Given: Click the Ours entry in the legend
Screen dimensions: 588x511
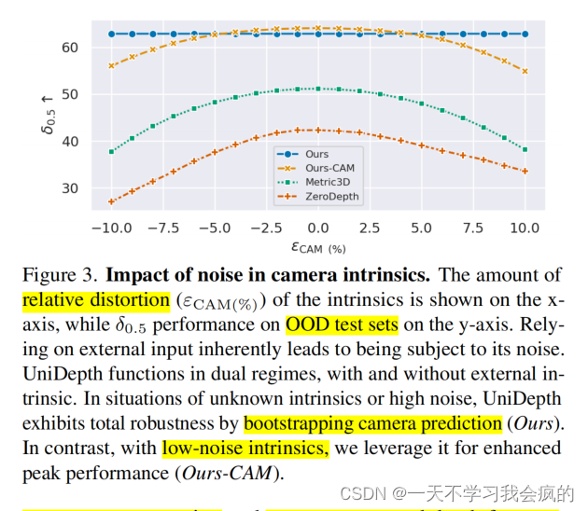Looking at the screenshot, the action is (316, 155).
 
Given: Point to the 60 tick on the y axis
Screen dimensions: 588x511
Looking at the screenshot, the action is (70, 48).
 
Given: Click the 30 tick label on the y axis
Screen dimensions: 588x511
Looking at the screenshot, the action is (70, 188).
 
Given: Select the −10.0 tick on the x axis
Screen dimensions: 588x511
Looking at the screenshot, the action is (112, 228).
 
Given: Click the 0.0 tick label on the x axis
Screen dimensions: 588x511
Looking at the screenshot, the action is (318, 228).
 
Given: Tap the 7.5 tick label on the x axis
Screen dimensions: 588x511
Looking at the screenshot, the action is (473, 228).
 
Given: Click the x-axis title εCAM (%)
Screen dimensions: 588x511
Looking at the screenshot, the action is (318, 248).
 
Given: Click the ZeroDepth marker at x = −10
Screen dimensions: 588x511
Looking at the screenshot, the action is (111, 201).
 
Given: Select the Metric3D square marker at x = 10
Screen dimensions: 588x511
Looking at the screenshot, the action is (525, 149).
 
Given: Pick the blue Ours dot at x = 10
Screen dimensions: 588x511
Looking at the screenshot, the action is (525, 35).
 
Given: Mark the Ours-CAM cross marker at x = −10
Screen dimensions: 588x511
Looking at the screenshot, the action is (111, 66).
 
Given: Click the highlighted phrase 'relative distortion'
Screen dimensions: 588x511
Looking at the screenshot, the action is (96, 300).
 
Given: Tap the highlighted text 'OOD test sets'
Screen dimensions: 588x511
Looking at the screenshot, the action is (342, 325).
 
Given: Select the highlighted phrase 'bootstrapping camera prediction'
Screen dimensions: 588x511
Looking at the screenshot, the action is (372, 424).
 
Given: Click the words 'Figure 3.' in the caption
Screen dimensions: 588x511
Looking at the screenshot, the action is (61, 275).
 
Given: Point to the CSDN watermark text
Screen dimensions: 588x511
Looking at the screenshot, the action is (456, 494).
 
